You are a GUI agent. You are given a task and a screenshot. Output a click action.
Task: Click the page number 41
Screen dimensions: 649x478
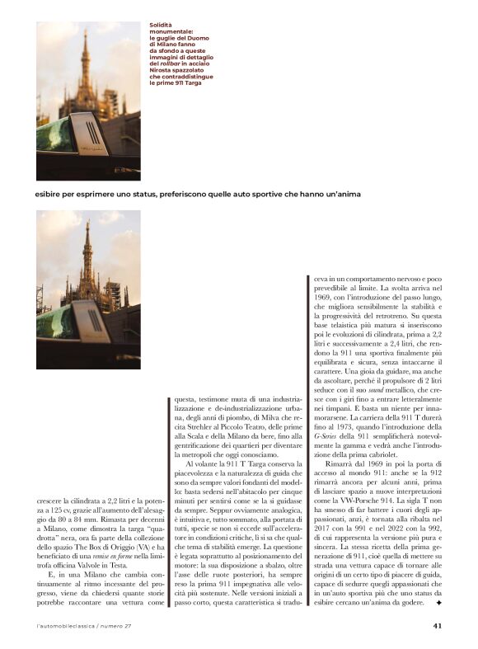tap(438, 625)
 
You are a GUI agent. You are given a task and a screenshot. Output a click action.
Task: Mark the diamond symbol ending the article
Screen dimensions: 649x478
tap(438, 604)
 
